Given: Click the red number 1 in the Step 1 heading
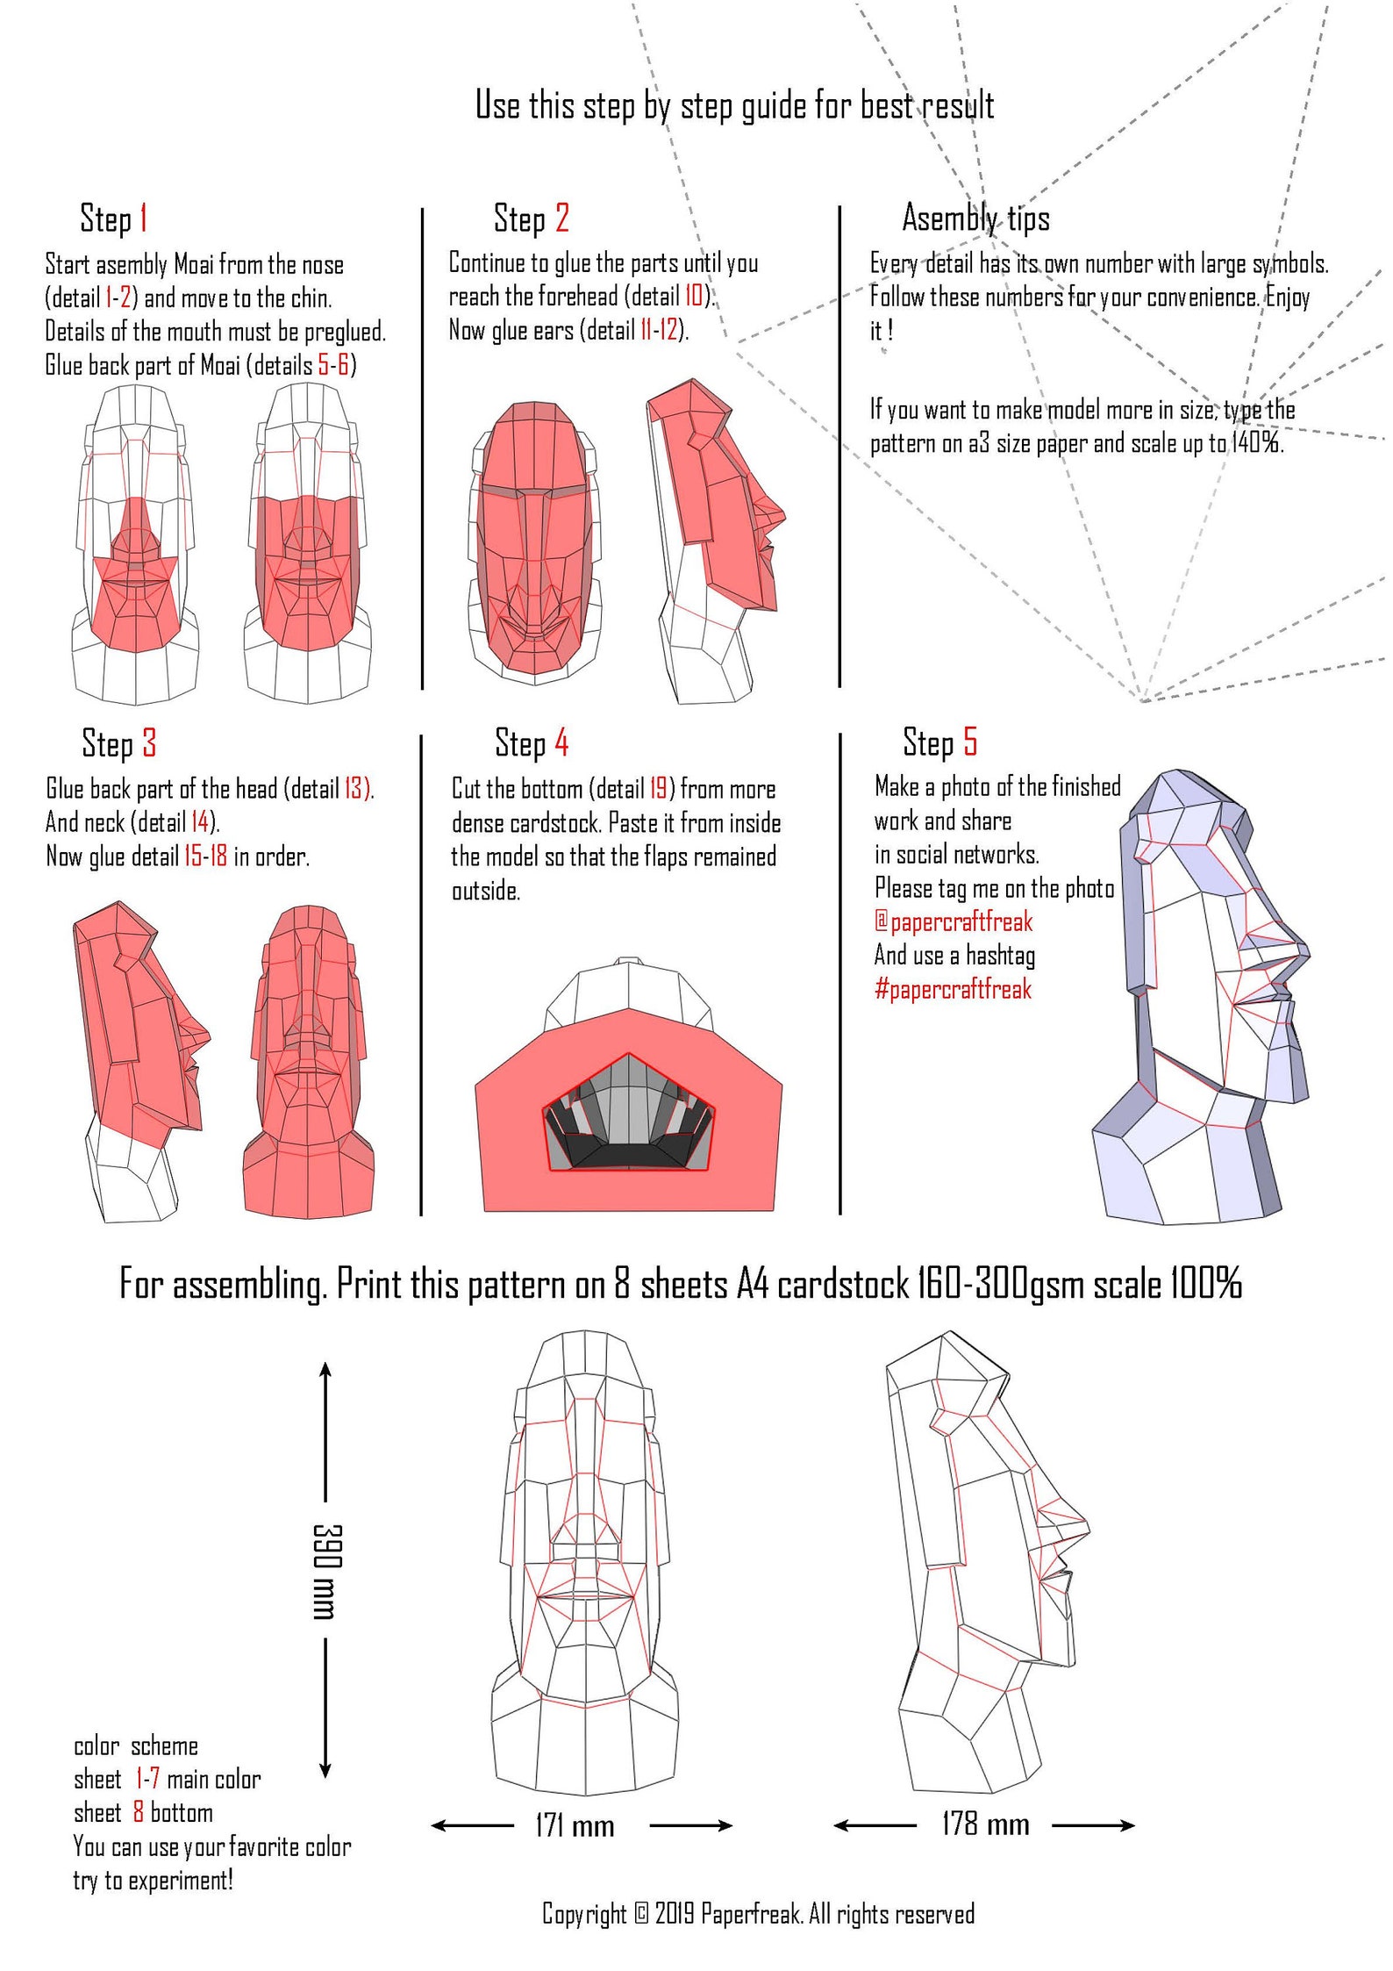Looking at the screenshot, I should [x=143, y=219].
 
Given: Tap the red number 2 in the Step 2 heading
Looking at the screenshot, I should [x=562, y=218].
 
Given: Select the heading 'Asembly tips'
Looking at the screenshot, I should [x=975, y=218].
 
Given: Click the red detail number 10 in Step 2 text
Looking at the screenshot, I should [x=693, y=296].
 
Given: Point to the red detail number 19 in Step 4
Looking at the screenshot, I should [x=658, y=788].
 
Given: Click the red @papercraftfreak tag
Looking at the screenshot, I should [x=954, y=921].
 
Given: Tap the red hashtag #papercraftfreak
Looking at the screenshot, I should [x=953, y=989].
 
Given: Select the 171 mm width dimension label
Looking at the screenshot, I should [x=575, y=1826].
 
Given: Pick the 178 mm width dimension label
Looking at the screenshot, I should [x=985, y=1824].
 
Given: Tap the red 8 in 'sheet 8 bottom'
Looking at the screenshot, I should [x=138, y=1812].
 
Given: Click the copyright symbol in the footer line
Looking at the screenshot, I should [x=641, y=1913].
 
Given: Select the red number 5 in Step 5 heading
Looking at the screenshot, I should [x=969, y=742].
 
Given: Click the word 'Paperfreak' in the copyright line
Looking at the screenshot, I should [x=751, y=1913].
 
